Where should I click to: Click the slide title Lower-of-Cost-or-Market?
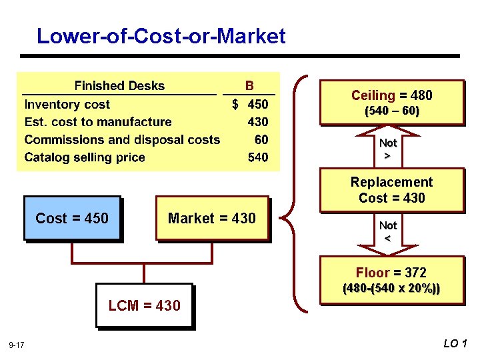click(161, 36)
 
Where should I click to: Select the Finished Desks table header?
click(119, 86)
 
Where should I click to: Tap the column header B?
click(249, 86)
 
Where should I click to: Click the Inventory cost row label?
click(67, 104)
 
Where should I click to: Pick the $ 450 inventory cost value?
click(251, 104)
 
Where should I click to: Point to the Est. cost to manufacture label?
click(98, 122)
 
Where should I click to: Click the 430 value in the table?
click(258, 122)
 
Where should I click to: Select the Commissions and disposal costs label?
click(122, 140)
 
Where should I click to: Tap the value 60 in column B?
click(261, 140)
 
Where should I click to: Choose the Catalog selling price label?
click(85, 157)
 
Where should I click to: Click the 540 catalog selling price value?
click(258, 157)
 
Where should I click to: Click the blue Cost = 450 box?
click(72, 218)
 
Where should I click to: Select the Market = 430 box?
click(212, 218)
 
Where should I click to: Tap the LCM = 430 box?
click(144, 305)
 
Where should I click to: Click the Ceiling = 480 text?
click(392, 95)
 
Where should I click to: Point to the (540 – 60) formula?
click(391, 111)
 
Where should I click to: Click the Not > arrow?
click(388, 149)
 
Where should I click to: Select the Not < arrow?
click(388, 232)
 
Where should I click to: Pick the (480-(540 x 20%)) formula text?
click(391, 289)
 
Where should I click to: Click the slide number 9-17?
click(17, 345)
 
